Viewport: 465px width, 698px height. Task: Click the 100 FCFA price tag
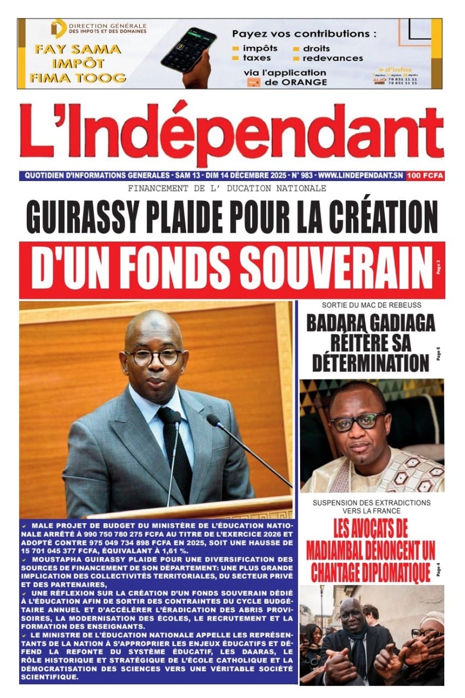(x=425, y=176)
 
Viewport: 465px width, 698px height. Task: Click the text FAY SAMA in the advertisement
(x=77, y=49)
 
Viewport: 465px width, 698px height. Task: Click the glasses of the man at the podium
(x=153, y=357)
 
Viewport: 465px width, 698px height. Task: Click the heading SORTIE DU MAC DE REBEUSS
(x=364, y=305)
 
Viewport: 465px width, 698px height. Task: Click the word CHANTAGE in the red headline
(x=343, y=572)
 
